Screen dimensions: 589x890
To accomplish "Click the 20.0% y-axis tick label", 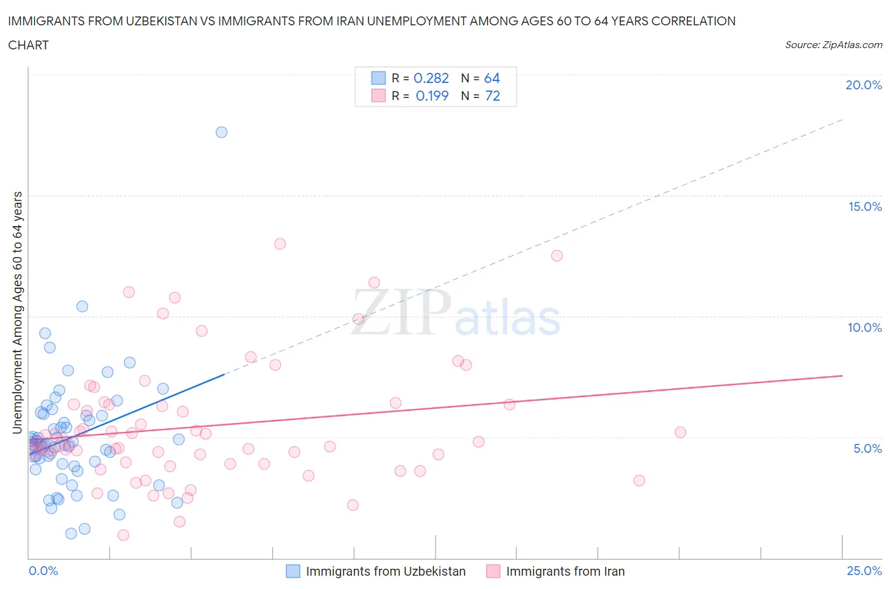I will tap(863, 85).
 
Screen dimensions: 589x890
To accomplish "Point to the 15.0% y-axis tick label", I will tap(865, 206).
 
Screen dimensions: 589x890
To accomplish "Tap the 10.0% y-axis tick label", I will tap(865, 327).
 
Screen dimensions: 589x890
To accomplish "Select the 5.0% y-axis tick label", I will tap(867, 448).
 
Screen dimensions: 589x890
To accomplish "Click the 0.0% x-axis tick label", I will tap(43, 571).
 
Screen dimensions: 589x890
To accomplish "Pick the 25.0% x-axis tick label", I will tap(864, 571).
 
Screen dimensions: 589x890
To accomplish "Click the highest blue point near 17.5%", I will tap(222, 132).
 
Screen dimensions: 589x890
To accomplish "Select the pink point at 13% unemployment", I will tap(280, 244).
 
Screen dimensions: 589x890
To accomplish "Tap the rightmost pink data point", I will tap(680, 433).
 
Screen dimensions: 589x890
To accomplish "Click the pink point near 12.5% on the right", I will tap(557, 256).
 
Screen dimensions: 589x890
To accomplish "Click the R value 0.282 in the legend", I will tap(431, 78).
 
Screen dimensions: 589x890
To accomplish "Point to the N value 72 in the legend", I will tap(492, 96).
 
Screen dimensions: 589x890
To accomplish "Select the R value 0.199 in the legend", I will tap(432, 96).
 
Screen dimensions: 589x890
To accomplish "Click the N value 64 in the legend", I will tap(492, 78).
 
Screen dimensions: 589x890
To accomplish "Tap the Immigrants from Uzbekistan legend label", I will tap(385, 571).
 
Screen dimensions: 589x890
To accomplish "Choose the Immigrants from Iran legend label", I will tap(565, 571).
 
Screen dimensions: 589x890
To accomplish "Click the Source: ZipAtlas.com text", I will tap(833, 44).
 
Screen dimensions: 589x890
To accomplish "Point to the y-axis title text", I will tap(18, 313).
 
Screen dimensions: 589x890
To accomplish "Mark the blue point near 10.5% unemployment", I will tap(82, 307).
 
